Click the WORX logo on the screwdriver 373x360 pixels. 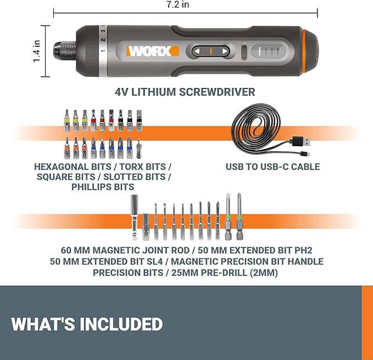click(153, 51)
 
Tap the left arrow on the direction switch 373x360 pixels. click(197, 51)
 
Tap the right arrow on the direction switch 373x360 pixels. click(224, 51)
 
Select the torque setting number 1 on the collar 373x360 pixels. click(103, 51)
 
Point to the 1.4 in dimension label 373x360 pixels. click(37, 50)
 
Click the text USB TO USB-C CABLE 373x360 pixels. click(272, 167)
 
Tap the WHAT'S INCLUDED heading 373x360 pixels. click(87, 324)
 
